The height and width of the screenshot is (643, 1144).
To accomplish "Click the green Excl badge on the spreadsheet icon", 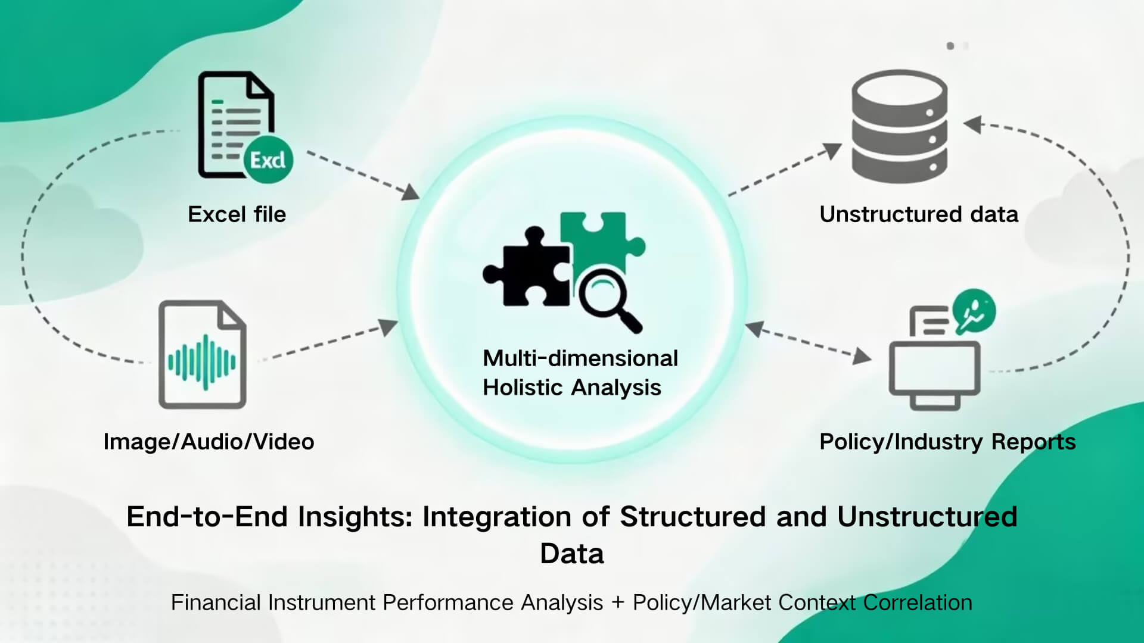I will click(268, 160).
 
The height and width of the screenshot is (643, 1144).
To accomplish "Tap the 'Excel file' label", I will click(237, 214).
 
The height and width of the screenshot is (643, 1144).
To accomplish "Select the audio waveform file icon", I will click(203, 355).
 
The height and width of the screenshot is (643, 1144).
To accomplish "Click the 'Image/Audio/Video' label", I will click(209, 442).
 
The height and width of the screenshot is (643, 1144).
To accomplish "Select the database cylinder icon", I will click(899, 126).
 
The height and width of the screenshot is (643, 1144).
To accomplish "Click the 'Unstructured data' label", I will click(919, 214).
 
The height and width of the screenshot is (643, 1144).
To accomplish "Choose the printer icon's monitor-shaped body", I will click(934, 369).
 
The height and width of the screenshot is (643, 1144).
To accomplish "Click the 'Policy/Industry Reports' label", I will click(947, 442).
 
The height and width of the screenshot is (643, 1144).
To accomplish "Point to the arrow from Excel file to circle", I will click(363, 175).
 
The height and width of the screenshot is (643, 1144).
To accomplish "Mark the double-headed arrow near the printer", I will click(807, 342).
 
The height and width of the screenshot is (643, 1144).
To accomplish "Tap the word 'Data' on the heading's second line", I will click(572, 554).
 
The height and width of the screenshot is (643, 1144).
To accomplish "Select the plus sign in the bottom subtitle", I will click(618, 603).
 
